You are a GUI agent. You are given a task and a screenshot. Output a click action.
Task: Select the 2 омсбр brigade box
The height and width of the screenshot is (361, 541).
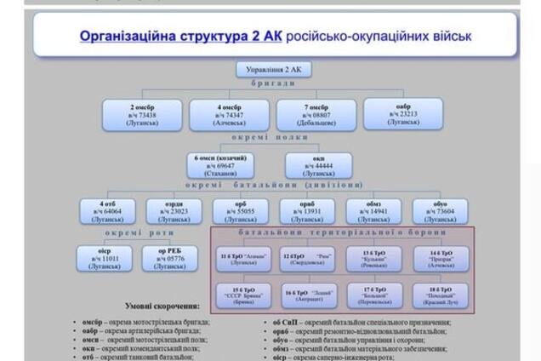pyautogui.click(x=142, y=115)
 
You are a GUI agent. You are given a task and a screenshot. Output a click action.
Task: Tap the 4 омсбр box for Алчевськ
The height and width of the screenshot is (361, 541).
pyautogui.click(x=230, y=115)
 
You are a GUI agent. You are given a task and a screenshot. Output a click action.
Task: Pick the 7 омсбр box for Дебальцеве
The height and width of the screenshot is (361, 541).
pyautogui.click(x=316, y=115)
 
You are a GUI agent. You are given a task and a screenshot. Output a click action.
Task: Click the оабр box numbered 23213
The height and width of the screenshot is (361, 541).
pyautogui.click(x=403, y=113)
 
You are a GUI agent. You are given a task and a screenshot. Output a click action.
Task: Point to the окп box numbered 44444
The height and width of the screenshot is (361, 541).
pyautogui.click(x=319, y=165)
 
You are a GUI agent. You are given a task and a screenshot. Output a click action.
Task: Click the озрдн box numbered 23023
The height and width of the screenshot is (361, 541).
pyautogui.click(x=174, y=211)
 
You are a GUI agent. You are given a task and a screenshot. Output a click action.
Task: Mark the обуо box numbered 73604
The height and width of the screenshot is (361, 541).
pyautogui.click(x=440, y=211)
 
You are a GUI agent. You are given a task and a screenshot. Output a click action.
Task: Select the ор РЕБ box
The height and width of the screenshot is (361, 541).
pyautogui.click(x=174, y=258)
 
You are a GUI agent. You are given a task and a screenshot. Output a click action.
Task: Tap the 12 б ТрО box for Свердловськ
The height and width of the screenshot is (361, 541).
pyautogui.click(x=308, y=258)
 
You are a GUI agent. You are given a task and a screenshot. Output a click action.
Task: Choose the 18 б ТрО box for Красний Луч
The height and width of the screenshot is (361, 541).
pyautogui.click(x=441, y=294)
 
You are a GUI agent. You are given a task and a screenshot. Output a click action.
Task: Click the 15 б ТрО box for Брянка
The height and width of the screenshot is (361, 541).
pyautogui.click(x=242, y=295)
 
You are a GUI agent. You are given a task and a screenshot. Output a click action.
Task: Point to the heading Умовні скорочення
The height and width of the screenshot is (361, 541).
pyautogui.click(x=162, y=306)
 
